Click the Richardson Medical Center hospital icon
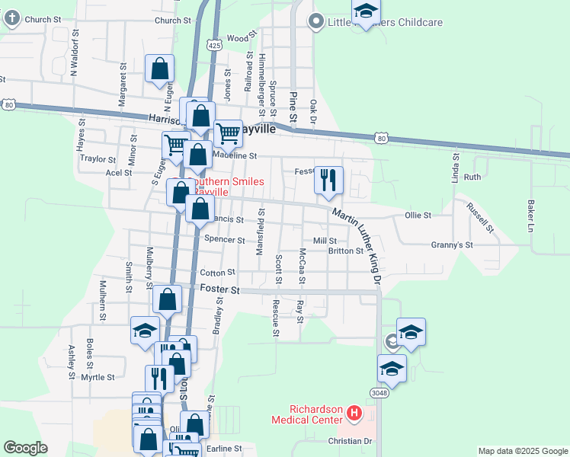pyautogui.click(x=354, y=414)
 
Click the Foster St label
pyautogui.click(x=220, y=290)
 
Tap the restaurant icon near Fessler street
pyautogui.click(x=328, y=181)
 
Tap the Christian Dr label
pyautogui.click(x=350, y=441)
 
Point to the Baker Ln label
pyautogui.click(x=530, y=216)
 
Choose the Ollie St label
pyautogui.click(x=418, y=216)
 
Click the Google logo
pyautogui.click(x=25, y=448)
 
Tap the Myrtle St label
pyautogui.click(x=98, y=377)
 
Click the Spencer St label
pyautogui.click(x=225, y=240)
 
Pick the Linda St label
pyautogui.click(x=456, y=168)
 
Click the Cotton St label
pyautogui.click(x=217, y=273)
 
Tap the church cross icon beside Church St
pyautogui.click(x=11, y=20)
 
